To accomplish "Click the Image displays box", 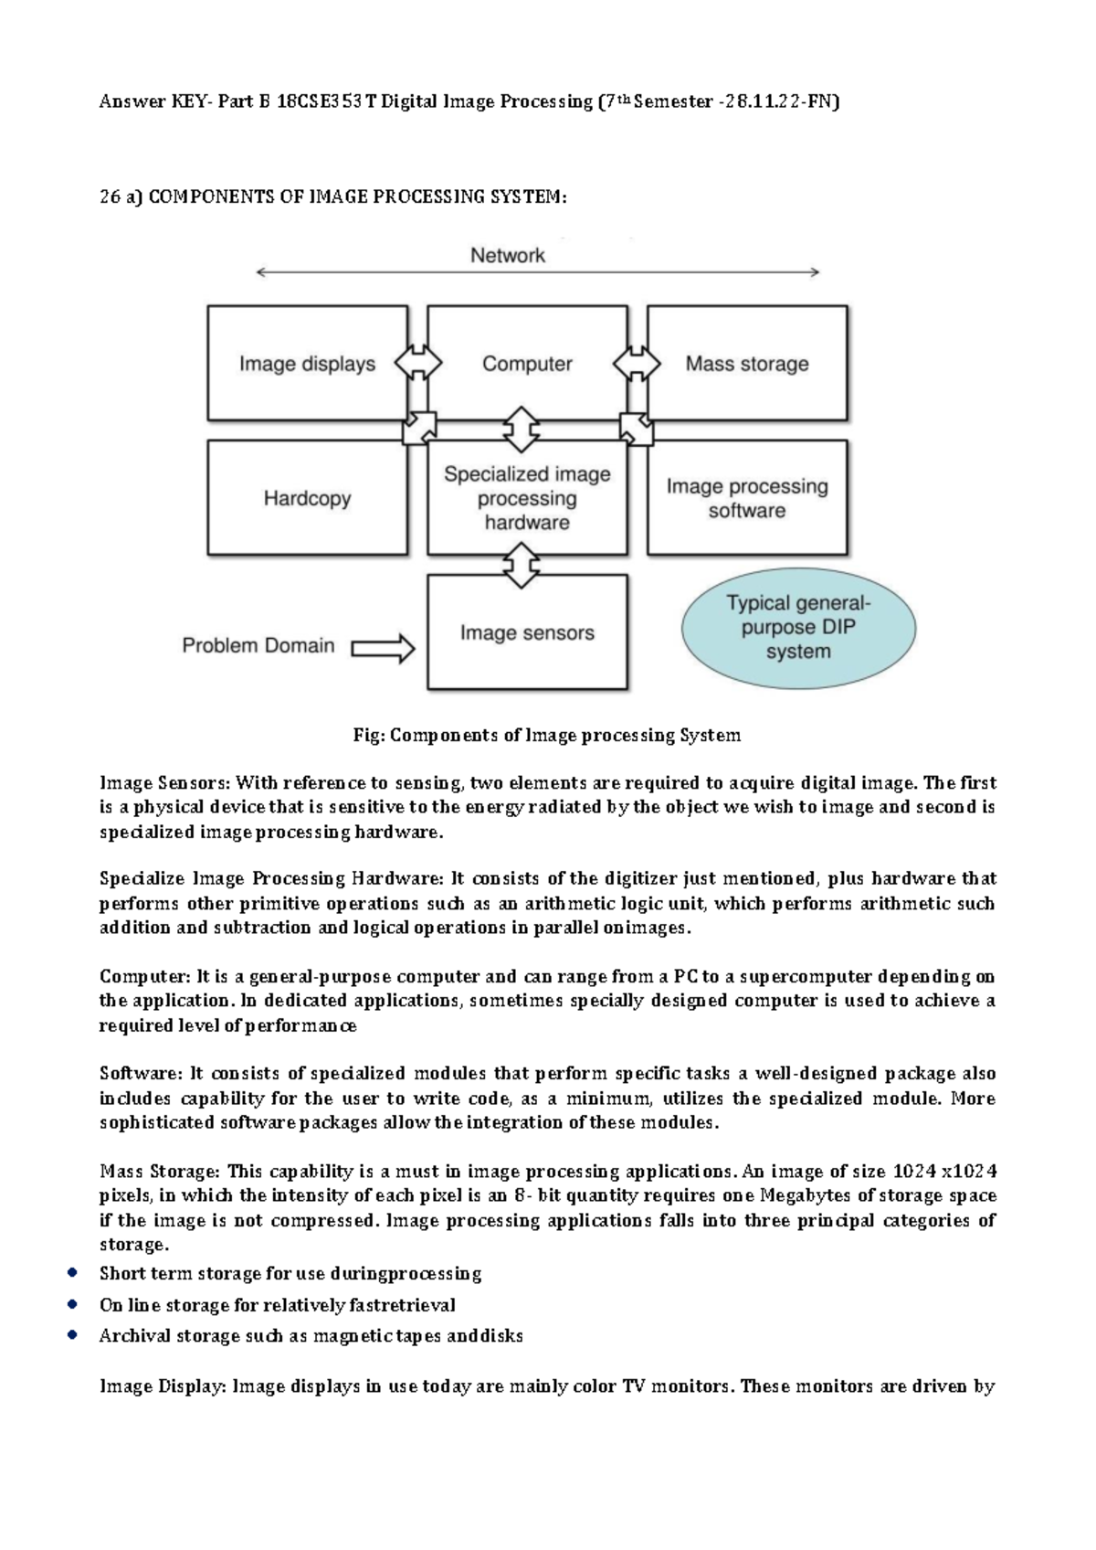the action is [x=307, y=364].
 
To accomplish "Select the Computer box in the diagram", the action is [x=527, y=364].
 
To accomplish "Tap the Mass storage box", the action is [x=747, y=364].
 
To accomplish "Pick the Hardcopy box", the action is [x=307, y=497].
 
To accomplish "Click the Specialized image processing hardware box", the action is [x=527, y=497].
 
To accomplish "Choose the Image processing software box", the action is [x=747, y=497].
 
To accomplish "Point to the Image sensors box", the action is [x=527, y=632].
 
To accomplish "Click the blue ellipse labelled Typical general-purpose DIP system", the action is [x=798, y=628].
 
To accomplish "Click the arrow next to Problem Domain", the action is [x=383, y=648].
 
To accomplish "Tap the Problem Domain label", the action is [x=258, y=645].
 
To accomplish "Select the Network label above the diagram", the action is [x=508, y=255].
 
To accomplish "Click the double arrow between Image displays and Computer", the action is [x=417, y=363].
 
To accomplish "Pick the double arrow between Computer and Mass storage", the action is [x=637, y=363].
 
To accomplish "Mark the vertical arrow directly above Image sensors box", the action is [x=521, y=565].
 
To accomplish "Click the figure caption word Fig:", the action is [x=369, y=735].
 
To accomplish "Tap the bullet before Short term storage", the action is [x=71, y=1272].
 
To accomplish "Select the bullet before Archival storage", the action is [x=71, y=1335].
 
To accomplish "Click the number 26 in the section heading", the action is [x=110, y=197].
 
